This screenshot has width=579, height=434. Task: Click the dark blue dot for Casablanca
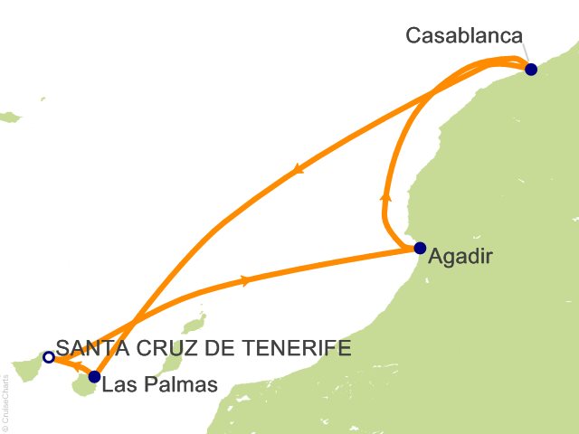530,69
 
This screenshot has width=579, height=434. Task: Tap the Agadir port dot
419,248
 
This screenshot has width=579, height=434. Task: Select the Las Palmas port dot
94,376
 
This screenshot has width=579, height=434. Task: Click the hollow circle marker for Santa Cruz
48,356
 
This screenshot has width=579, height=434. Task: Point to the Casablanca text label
464,36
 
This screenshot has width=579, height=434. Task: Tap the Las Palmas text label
160,385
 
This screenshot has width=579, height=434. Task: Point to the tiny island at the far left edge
10,117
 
